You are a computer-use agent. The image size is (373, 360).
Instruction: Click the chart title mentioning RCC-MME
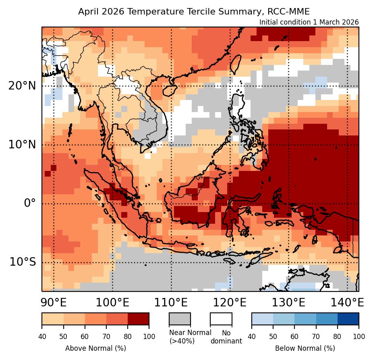pyautogui.click(x=194, y=11)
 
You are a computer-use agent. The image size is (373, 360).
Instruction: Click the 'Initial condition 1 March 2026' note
pyautogui.click(x=309, y=22)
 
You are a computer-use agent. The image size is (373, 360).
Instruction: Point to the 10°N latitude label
pyautogui.click(x=22, y=144)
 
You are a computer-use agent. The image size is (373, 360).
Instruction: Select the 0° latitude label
pyautogui.click(x=30, y=203)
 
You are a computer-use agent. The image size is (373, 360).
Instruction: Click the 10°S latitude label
pyautogui.click(x=23, y=262)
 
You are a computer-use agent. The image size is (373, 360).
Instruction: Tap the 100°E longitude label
pyautogui.click(x=112, y=302)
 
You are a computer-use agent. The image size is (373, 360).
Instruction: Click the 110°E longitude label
pyautogui.click(x=171, y=302)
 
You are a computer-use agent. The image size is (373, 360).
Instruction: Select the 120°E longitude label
pyautogui.click(x=230, y=302)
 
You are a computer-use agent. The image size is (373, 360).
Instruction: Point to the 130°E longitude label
pyautogui.click(x=288, y=302)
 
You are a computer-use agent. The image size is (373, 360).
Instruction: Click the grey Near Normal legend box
pyautogui.click(x=180, y=318)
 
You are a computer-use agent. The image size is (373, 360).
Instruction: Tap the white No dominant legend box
pyautogui.click(x=221, y=318)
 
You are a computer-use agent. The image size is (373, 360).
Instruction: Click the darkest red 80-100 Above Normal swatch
pyautogui.click(x=138, y=318)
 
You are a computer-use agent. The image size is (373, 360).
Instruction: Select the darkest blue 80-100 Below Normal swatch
pyautogui.click(x=348, y=318)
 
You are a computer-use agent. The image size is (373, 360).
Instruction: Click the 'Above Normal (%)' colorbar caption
pyautogui.click(x=95, y=348)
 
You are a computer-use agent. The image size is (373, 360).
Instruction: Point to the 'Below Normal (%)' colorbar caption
pyautogui.click(x=305, y=348)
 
